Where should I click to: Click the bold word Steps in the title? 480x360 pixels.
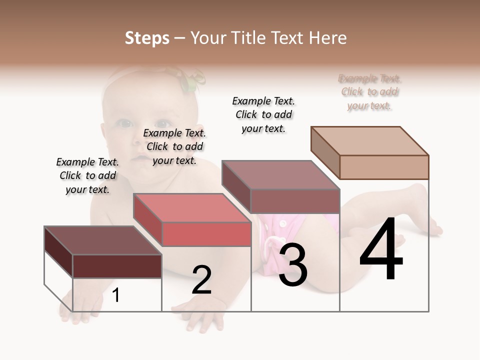147,38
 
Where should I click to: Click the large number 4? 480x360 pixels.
381,250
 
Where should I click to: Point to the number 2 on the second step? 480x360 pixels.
202,280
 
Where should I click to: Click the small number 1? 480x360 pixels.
115,295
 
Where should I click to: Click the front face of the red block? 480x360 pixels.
206,234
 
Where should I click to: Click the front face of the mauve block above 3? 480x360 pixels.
295,201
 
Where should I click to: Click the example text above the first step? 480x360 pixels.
87,175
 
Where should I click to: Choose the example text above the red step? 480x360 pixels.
174,146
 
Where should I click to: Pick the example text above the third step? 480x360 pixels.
263,114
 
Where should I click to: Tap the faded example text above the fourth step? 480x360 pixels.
369,92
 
